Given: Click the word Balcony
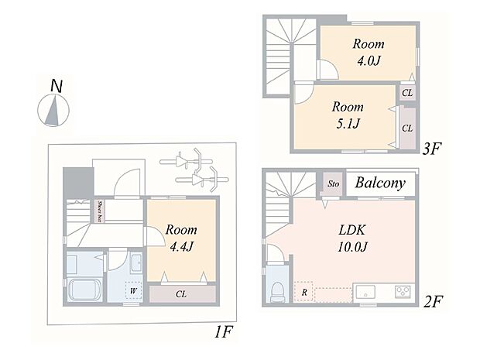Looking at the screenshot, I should (380, 183).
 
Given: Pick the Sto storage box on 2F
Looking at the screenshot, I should (333, 183).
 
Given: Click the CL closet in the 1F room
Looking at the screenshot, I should (180, 293).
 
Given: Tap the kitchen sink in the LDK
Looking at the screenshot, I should (365, 293).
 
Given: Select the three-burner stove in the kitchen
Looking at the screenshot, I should (404, 293).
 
